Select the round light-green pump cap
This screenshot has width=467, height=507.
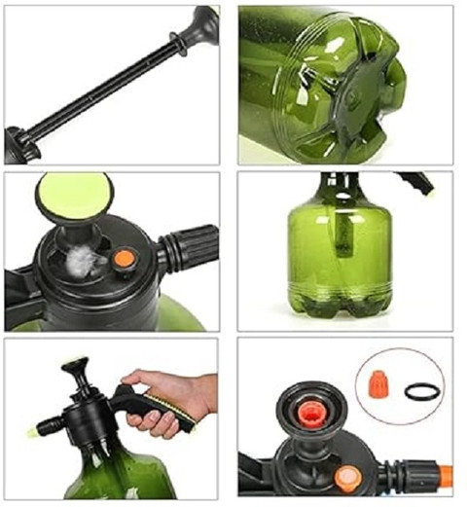(x=73, y=194)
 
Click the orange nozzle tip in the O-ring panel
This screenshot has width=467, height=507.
(x=446, y=476)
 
